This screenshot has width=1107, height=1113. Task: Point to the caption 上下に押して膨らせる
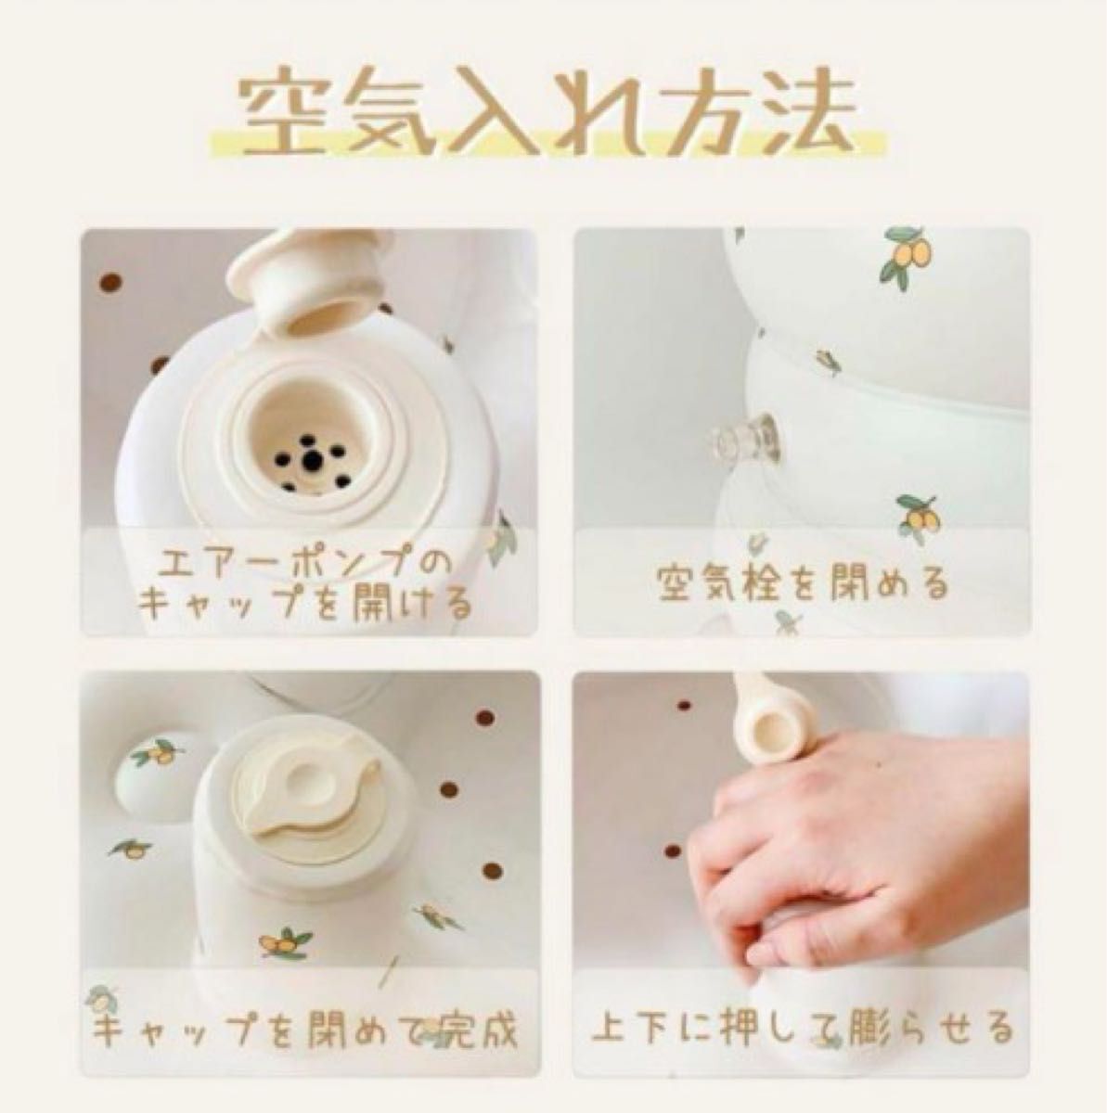coord(803,1029)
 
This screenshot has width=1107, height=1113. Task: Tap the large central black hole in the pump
coord(313,460)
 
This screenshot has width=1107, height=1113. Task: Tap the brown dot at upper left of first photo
coord(110,283)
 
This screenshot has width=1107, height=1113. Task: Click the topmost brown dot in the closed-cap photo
coord(485,717)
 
